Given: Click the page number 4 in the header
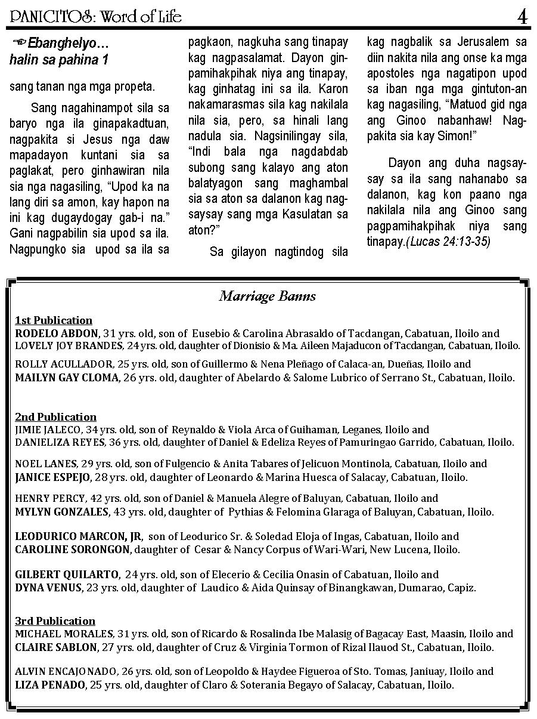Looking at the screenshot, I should [522, 17].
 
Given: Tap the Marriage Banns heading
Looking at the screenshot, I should [268, 296].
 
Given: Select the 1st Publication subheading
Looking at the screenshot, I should [54, 320].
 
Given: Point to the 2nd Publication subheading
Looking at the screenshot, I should [55, 416].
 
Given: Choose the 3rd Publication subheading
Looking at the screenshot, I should [55, 621].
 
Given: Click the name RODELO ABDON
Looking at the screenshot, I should [57, 333].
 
